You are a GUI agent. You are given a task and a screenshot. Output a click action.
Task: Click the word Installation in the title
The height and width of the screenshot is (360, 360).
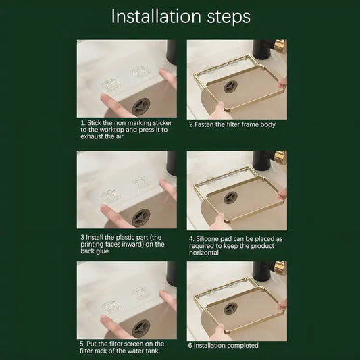click(x=156, y=16)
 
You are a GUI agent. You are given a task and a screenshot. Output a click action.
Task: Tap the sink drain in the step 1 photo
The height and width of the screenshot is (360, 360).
click(x=140, y=107)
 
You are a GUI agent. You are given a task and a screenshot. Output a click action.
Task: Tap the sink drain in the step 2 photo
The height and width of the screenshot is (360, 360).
click(x=231, y=86)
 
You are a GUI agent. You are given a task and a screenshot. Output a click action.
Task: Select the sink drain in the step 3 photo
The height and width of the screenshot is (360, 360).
click(x=140, y=218)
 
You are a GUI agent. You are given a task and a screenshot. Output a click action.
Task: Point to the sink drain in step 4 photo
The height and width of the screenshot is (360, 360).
click(x=231, y=198)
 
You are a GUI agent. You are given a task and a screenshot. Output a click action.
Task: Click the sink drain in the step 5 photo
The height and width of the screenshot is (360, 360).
click(x=140, y=328)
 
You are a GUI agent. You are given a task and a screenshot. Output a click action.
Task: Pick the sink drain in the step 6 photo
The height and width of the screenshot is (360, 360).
click(x=231, y=309)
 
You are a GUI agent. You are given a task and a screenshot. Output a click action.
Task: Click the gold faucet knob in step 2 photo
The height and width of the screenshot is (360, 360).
click(x=281, y=47)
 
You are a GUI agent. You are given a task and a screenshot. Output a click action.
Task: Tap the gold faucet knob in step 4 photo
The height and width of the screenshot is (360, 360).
click(x=281, y=157)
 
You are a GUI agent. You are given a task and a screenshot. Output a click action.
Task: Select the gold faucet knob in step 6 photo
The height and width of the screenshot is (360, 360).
click(x=281, y=268)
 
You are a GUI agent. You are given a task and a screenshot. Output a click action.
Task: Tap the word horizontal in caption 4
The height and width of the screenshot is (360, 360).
click(x=204, y=253)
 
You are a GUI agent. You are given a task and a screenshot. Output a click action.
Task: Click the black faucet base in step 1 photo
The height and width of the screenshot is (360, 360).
click(x=172, y=52)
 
